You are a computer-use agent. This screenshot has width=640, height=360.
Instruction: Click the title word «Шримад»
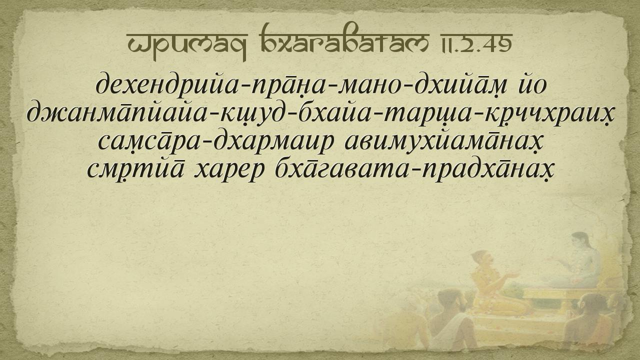click(187, 43)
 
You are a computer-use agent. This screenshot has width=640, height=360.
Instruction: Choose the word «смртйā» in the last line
click(135, 170)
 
